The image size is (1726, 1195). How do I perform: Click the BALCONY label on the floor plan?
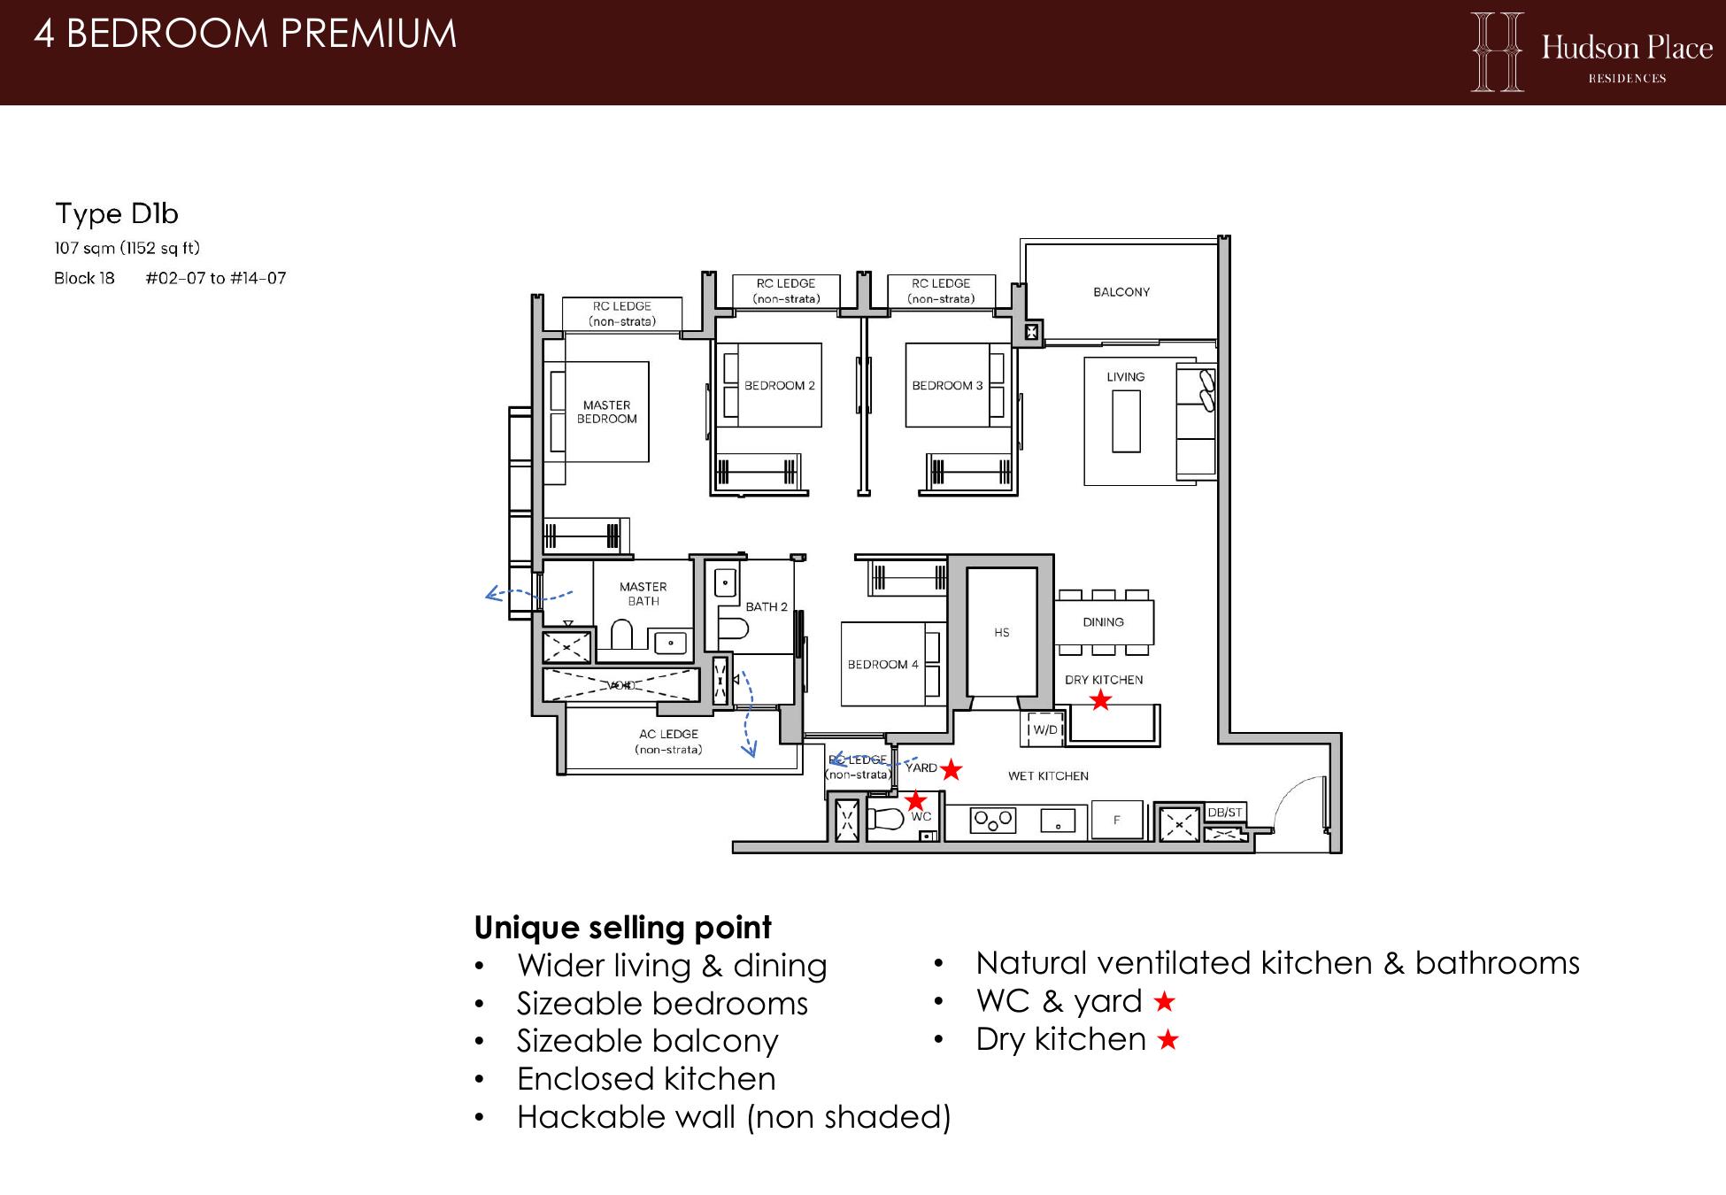1121,292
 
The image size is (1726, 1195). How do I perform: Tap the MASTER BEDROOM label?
607,412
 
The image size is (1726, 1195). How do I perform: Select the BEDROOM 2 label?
779,386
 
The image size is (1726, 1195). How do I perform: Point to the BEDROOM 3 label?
947,386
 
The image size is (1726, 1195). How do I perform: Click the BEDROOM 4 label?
882,665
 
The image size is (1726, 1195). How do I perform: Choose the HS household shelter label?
1001,633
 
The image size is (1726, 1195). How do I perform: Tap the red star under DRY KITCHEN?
1100,700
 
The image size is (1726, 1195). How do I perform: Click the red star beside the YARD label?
951,769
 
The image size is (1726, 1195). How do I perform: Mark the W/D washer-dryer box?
1042,729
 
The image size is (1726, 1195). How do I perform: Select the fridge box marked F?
1117,821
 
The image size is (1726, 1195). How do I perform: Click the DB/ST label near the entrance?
1225,813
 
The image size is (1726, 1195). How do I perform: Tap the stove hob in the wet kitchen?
993,821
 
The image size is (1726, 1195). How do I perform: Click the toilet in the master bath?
621,635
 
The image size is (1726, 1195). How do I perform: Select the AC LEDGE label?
668,734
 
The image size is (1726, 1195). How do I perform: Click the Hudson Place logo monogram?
1498,51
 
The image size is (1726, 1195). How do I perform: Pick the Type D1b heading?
117,213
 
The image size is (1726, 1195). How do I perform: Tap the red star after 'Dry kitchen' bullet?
1168,1040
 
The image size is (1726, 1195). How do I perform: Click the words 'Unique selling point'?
623,928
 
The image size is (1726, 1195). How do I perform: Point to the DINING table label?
1103,622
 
